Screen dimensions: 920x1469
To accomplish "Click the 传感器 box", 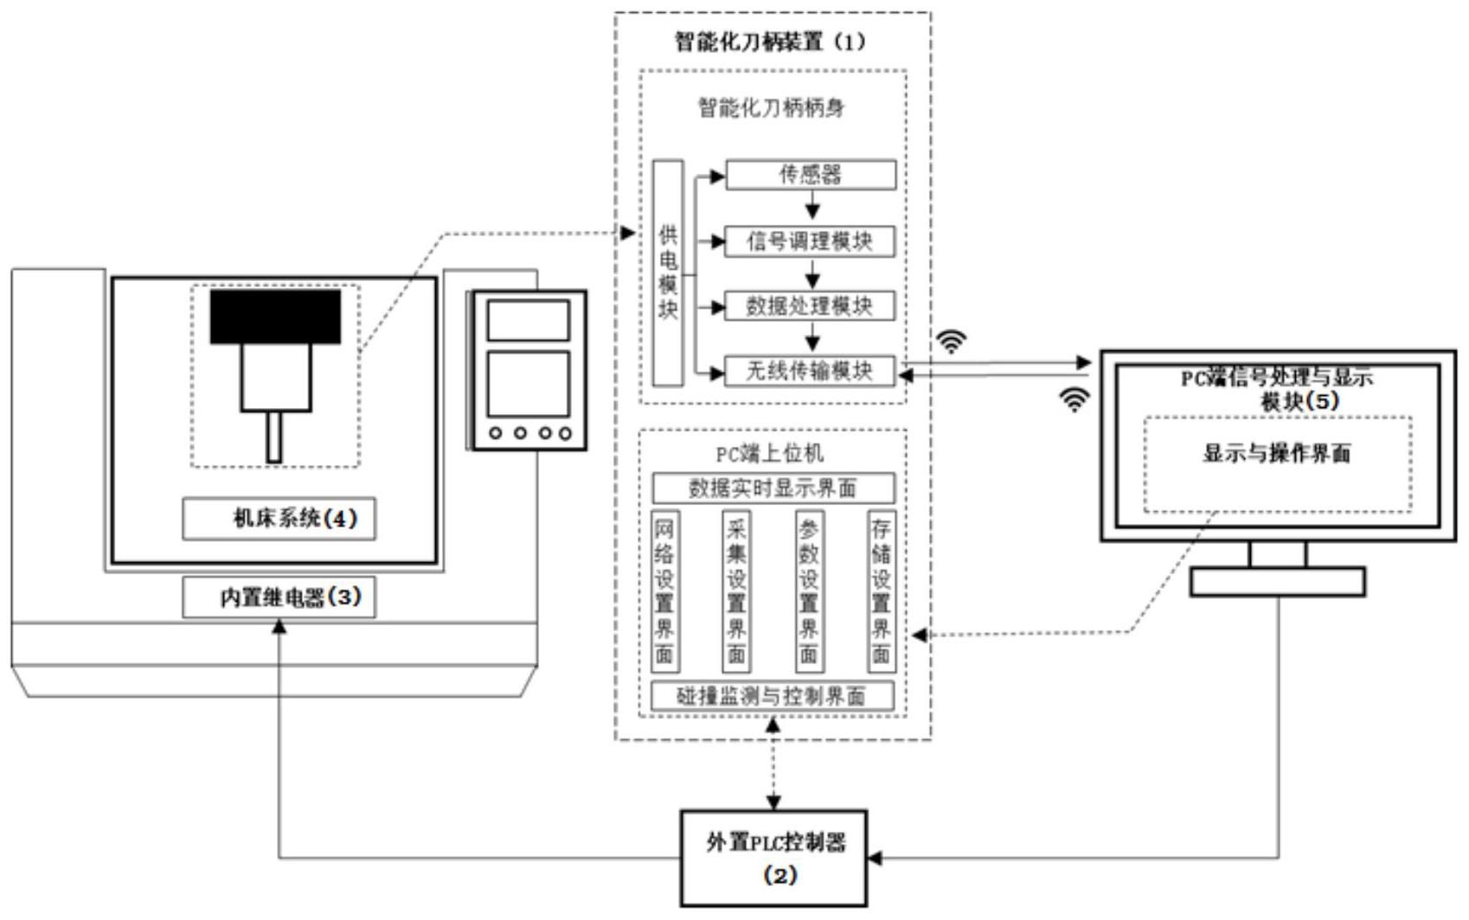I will [x=811, y=175].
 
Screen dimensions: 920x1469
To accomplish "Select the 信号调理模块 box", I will [x=810, y=241].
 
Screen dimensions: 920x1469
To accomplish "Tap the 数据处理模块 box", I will [x=810, y=306].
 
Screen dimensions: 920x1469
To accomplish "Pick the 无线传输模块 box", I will [x=810, y=371].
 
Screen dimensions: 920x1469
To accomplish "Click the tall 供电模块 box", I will [x=668, y=272].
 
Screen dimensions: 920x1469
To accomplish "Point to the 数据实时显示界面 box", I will [x=773, y=489].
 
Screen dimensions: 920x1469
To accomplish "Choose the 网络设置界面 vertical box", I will [x=664, y=591].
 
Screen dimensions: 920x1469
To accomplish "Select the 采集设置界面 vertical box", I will [x=736, y=591].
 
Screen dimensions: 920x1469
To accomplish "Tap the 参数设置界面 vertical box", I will [x=809, y=591].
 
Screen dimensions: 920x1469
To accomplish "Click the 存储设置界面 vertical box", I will [x=881, y=591].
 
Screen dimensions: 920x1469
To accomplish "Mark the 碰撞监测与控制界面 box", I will [x=772, y=696].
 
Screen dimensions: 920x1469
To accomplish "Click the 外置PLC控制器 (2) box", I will [x=774, y=858].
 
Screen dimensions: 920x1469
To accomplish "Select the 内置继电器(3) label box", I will [x=279, y=597].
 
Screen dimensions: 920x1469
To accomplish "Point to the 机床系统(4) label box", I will [x=279, y=519].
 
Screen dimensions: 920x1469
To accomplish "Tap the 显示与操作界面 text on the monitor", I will [x=1277, y=454].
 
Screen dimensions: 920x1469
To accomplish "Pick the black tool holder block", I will [x=275, y=316].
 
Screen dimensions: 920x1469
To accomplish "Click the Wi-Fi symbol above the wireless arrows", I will [x=951, y=342].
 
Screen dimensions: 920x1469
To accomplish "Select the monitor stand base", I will [x=1277, y=582].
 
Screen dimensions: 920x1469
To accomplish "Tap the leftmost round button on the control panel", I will [x=496, y=433].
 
